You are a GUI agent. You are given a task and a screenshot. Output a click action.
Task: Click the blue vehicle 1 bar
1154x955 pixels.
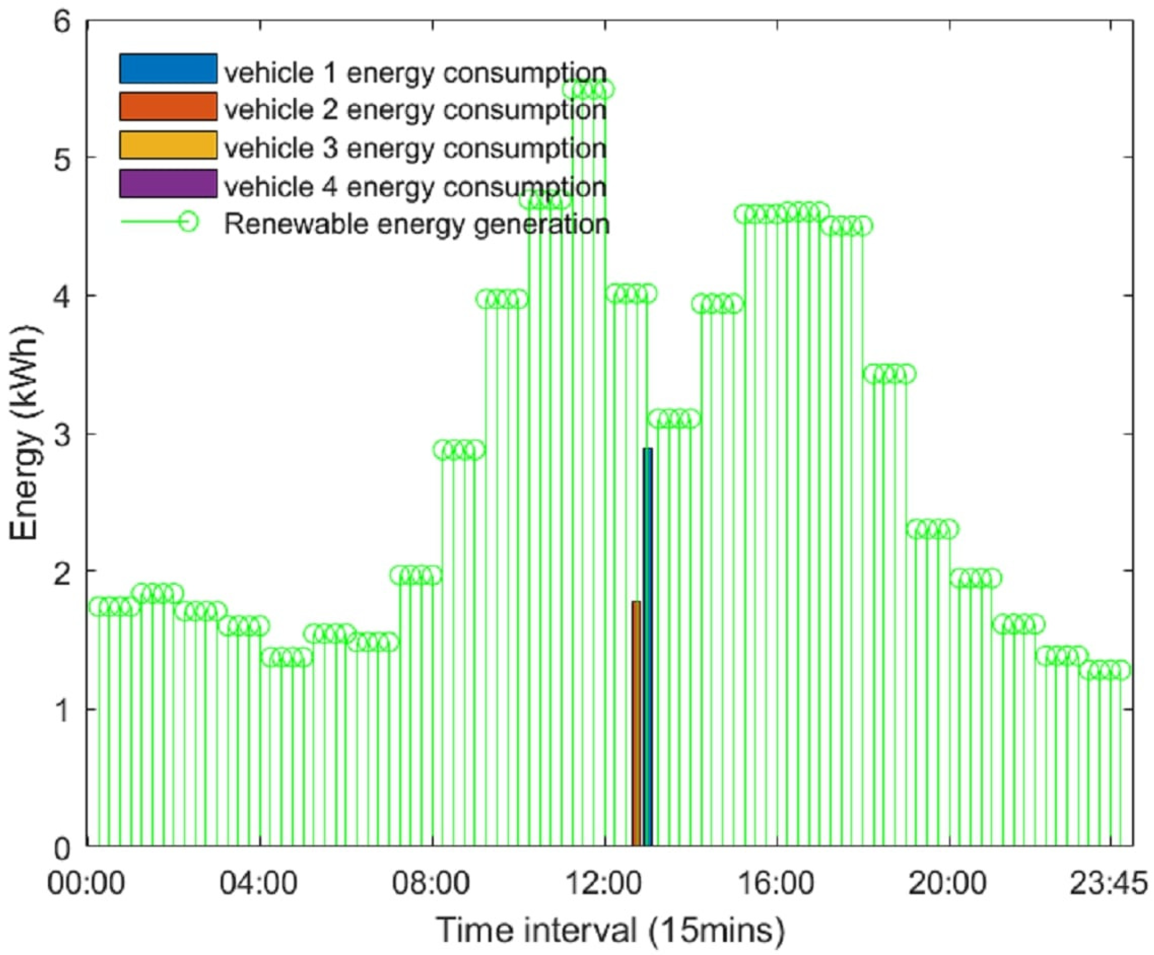point(648,648)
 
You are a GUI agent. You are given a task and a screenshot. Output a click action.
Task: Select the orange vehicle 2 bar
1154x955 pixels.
point(636,725)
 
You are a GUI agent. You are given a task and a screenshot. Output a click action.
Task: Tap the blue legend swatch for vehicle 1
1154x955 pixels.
point(168,68)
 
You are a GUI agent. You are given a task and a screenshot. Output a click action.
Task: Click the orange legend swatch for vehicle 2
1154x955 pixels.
point(168,106)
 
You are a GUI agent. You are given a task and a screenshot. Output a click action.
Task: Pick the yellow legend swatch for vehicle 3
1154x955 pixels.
point(168,145)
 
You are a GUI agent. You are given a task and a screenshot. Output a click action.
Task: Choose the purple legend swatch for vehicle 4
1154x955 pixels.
point(168,184)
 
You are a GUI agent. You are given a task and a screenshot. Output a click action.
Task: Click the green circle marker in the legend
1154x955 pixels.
point(189,222)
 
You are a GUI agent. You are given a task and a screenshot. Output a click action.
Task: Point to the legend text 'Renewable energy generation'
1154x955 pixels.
point(416,224)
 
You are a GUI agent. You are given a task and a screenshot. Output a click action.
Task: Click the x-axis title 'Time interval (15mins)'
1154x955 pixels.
point(610,931)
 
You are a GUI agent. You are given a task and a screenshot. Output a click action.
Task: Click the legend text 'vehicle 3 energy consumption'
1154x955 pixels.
point(415,148)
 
